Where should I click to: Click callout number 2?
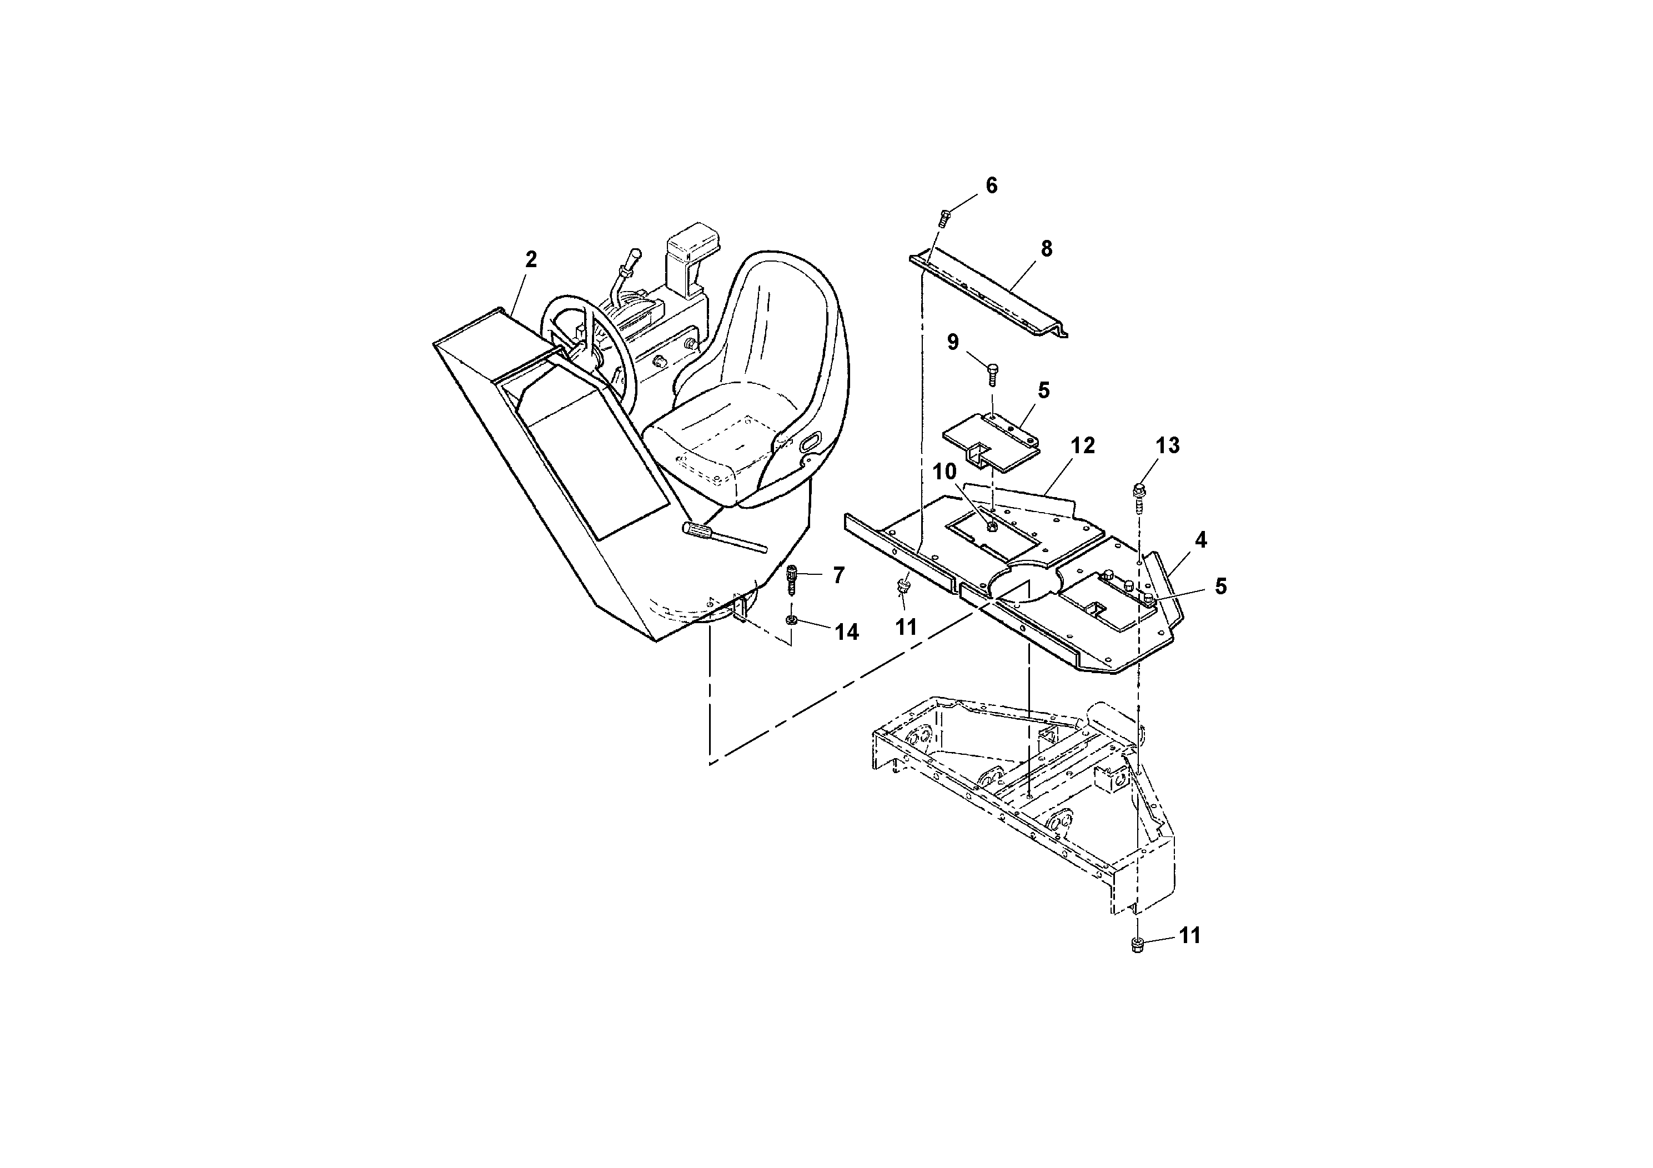pyautogui.click(x=531, y=259)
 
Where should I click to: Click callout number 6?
pyautogui.click(x=991, y=186)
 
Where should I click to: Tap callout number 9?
pyautogui.click(x=952, y=342)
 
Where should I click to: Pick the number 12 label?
pyautogui.click(x=1082, y=446)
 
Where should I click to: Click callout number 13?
pyautogui.click(x=1168, y=446)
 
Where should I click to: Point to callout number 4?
pyautogui.click(x=1200, y=539)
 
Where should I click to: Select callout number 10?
pyautogui.click(x=944, y=473)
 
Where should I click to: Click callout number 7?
pyautogui.click(x=838, y=575)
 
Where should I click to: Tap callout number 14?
pyautogui.click(x=847, y=632)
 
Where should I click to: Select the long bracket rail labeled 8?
pyautogui.click(x=993, y=295)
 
